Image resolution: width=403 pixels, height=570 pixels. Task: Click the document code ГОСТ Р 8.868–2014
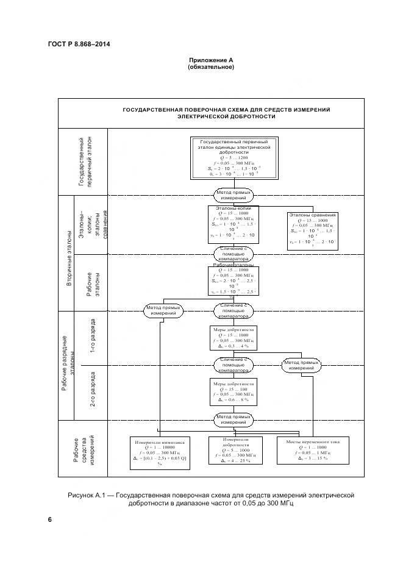(x=74, y=44)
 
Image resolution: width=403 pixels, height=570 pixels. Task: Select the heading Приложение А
(x=211, y=60)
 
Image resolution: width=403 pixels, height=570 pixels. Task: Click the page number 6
(x=50, y=519)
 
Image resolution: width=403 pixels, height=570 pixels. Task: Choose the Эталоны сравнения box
(x=312, y=230)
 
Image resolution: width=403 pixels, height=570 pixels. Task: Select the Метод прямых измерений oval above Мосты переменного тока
(x=301, y=366)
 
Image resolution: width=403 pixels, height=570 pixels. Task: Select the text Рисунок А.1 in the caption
(x=89, y=496)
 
